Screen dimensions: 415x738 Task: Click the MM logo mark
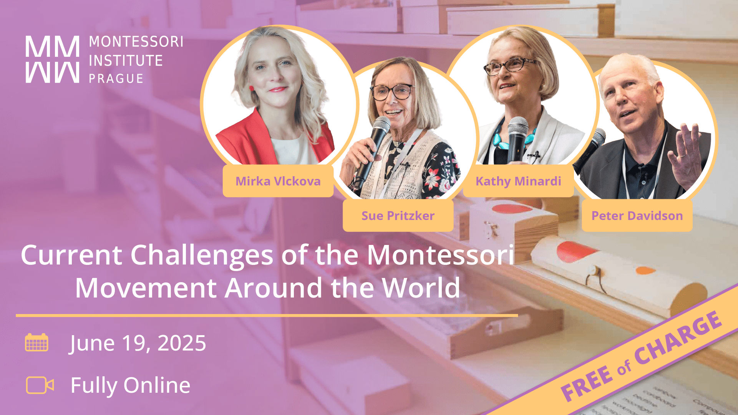(52, 59)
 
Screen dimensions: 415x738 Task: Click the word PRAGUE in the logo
(116, 79)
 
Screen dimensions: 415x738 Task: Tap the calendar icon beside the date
(36, 342)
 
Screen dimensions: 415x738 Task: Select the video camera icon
(40, 385)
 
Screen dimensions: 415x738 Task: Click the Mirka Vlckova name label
(278, 181)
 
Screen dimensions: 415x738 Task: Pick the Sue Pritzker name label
(398, 216)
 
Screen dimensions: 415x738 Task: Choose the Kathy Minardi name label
(518, 181)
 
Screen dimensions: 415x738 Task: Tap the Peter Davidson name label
(637, 216)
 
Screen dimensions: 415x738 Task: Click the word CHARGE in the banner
(678, 338)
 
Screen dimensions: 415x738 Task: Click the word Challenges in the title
(202, 255)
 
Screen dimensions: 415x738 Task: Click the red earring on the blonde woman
(252, 89)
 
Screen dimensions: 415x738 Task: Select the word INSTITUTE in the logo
(126, 61)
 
